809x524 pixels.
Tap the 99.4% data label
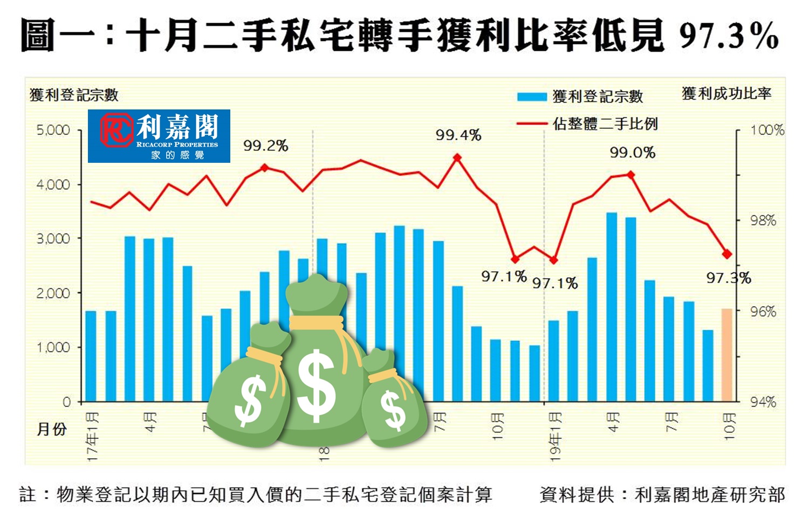pos(458,135)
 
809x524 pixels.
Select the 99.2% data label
pos(265,146)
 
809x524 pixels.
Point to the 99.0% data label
pos(632,153)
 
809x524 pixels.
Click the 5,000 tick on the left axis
pos(53,130)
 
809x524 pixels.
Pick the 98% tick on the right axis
pos(763,220)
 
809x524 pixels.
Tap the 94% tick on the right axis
pos(763,402)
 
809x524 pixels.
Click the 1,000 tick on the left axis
pos(53,348)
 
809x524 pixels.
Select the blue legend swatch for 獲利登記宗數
pos(532,97)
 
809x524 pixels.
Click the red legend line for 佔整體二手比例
pos(532,124)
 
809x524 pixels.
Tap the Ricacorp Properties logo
pos(159,136)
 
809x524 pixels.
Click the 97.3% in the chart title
pos(729,37)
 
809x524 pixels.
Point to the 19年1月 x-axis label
pos(556,437)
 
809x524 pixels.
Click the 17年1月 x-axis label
pos(93,437)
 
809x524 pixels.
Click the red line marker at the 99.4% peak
pos(457,158)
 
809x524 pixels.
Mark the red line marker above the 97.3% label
pos(727,254)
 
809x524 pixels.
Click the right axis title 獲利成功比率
pos(726,94)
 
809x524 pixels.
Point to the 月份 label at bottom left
pos(51,429)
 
